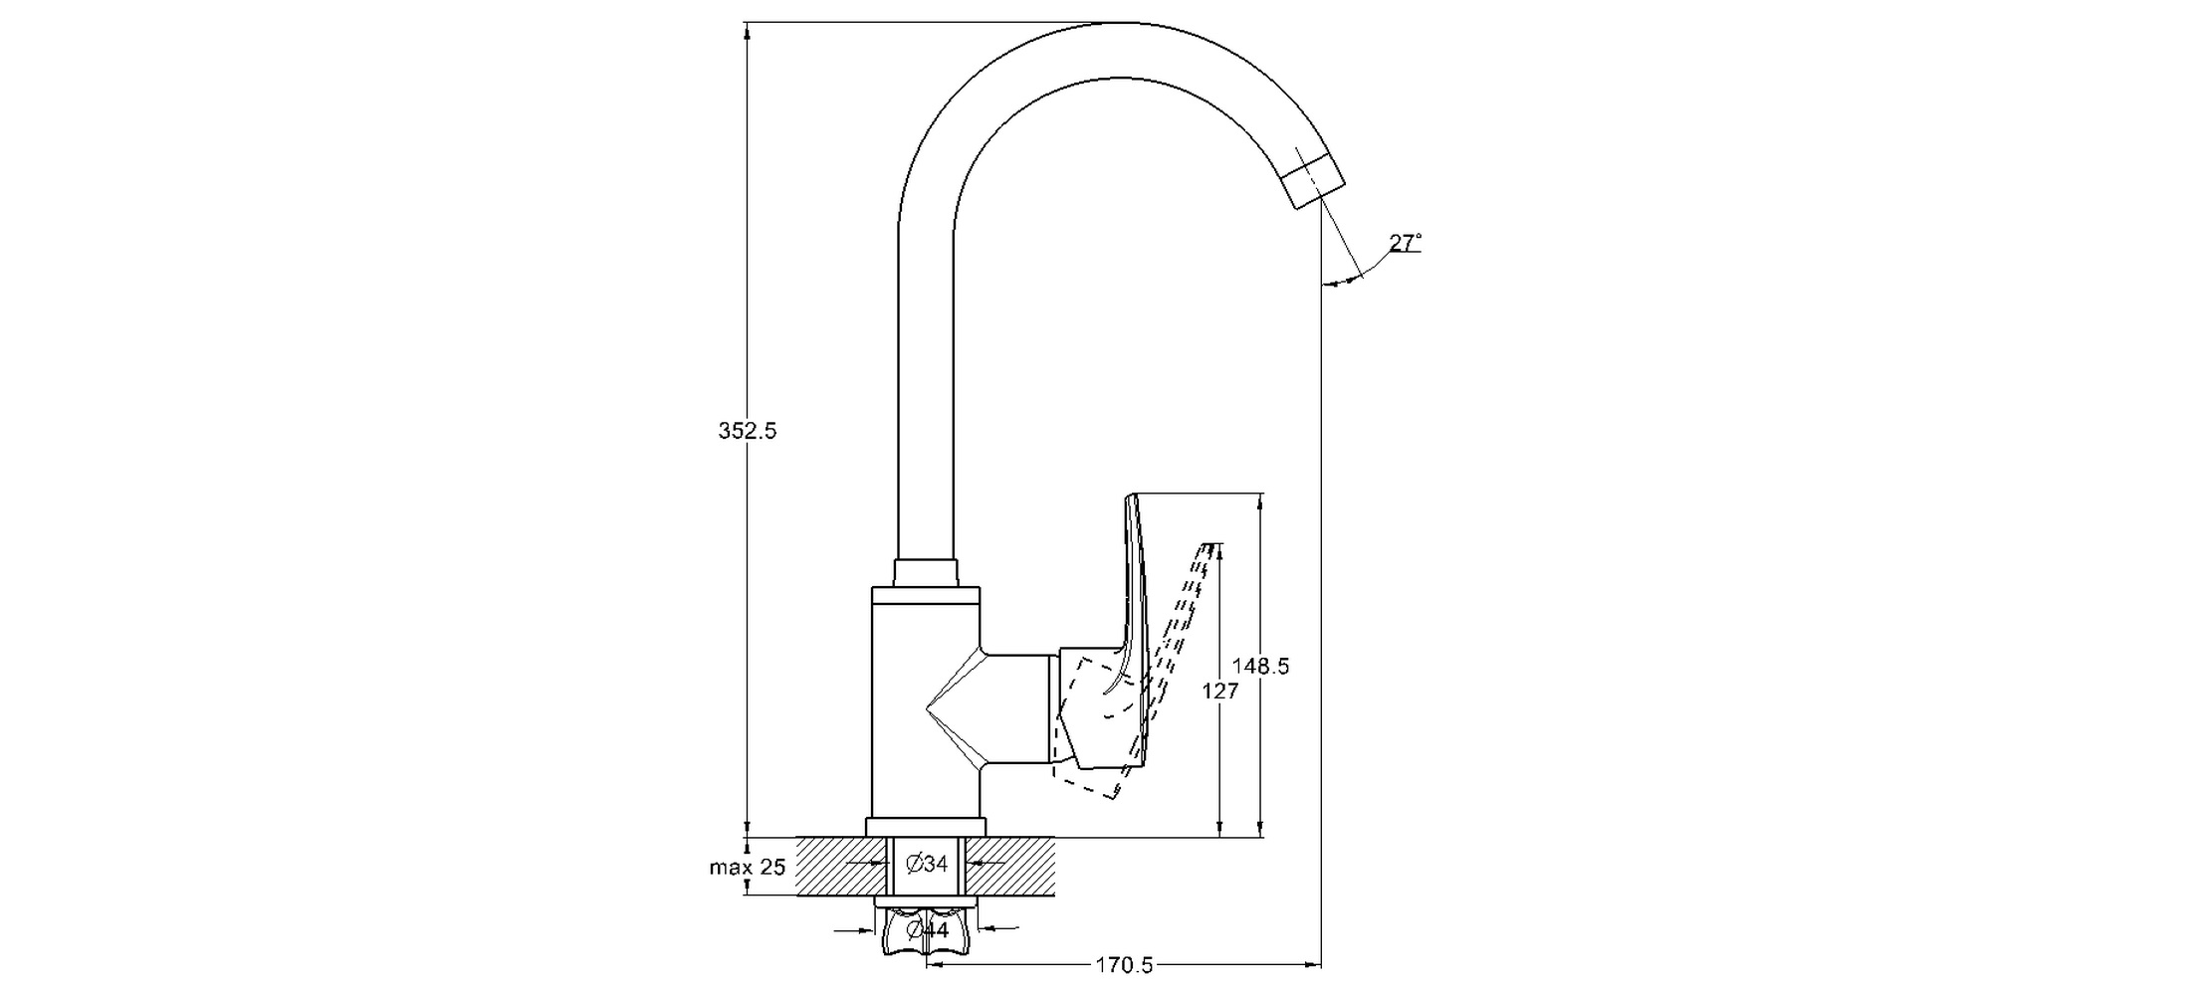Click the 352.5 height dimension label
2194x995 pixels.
[x=747, y=431]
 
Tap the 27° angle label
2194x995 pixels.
[x=1405, y=243]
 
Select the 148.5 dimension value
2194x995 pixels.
[x=1260, y=667]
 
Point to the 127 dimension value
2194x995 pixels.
[x=1220, y=691]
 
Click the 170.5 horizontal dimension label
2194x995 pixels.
[x=1124, y=965]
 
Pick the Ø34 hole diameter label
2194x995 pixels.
[x=927, y=865]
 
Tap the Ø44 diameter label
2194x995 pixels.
[x=927, y=930]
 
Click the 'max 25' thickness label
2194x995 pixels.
[x=747, y=868]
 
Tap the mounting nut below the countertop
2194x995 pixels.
[x=926, y=935]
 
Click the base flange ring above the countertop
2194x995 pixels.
[x=926, y=827]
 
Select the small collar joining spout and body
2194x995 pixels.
[x=926, y=573]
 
